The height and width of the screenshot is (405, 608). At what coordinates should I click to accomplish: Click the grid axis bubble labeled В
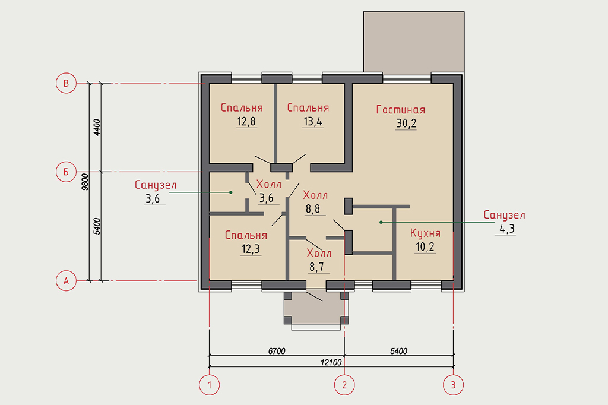[66, 83]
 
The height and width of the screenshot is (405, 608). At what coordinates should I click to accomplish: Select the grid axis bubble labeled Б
[66, 172]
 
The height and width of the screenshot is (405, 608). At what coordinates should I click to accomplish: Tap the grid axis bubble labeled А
[66, 280]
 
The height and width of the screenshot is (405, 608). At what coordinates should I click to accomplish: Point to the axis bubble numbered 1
[210, 385]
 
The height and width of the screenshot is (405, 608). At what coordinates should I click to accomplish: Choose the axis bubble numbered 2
[344, 385]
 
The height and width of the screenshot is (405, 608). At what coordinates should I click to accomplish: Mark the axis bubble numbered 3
[453, 385]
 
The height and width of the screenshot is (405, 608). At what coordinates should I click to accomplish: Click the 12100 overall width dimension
[331, 362]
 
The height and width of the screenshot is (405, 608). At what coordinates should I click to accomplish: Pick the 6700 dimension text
[277, 351]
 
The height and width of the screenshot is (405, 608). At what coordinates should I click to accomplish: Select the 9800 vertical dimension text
[85, 182]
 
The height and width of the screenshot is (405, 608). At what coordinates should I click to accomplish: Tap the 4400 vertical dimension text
[97, 127]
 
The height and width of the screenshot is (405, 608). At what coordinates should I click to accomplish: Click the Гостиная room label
[401, 110]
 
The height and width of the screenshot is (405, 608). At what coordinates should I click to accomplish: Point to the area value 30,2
[406, 124]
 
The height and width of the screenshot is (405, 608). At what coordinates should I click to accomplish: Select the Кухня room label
[425, 233]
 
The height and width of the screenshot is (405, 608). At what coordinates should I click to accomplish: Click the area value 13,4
[313, 121]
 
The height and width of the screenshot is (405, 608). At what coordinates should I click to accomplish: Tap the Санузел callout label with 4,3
[504, 214]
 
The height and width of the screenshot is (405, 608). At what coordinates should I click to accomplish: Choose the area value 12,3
[251, 249]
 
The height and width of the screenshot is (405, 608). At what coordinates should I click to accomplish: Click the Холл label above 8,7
[319, 254]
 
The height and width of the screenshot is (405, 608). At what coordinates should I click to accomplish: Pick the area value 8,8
[313, 209]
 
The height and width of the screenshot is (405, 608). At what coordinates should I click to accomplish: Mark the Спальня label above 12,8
[242, 107]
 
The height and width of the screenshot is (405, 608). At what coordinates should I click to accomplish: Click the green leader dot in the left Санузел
[231, 192]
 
